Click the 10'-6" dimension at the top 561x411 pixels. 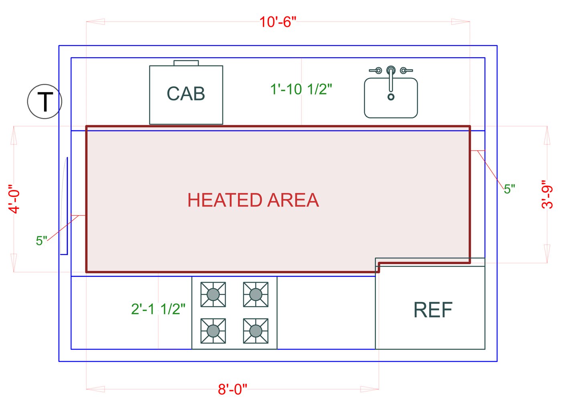point(277,22)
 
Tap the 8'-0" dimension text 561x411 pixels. point(232,389)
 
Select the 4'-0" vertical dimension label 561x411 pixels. point(14,199)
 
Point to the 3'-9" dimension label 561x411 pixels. point(547,194)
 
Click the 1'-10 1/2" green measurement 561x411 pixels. point(301,89)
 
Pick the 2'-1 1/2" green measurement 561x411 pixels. point(158,309)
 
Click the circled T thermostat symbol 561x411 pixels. point(44,101)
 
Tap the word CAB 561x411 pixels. point(186,94)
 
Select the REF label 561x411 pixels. point(433,310)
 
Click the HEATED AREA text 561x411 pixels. point(253,200)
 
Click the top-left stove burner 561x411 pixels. point(213,295)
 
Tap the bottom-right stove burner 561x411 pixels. point(256,331)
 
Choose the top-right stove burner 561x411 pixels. point(256,295)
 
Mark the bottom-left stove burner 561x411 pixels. point(213,331)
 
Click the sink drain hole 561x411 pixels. point(391,97)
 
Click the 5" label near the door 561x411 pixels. point(41,241)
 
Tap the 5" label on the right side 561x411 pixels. point(509,189)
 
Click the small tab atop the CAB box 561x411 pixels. point(186,63)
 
